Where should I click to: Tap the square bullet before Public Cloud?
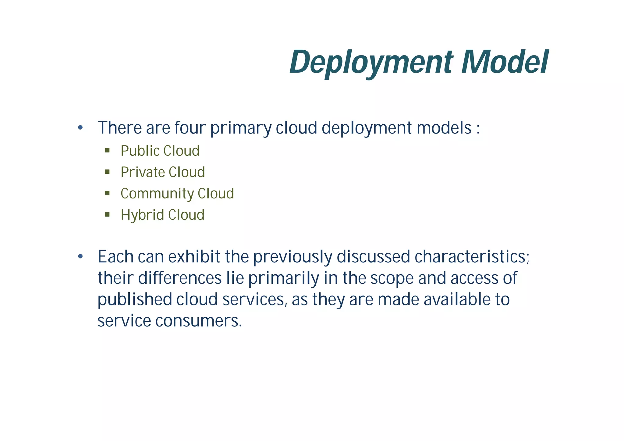coord(107,150)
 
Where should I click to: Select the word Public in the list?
coord(140,151)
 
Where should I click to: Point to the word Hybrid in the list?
coord(142,215)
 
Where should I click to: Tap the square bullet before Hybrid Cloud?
coord(107,215)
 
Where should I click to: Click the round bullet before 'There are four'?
coord(80,128)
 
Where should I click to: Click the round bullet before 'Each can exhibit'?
coord(80,257)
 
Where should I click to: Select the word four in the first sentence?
coord(190,128)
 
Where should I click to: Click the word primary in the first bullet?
coord(241,128)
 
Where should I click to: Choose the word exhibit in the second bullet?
coord(194,257)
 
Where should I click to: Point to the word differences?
coord(180,278)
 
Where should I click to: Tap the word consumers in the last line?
coord(198,321)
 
